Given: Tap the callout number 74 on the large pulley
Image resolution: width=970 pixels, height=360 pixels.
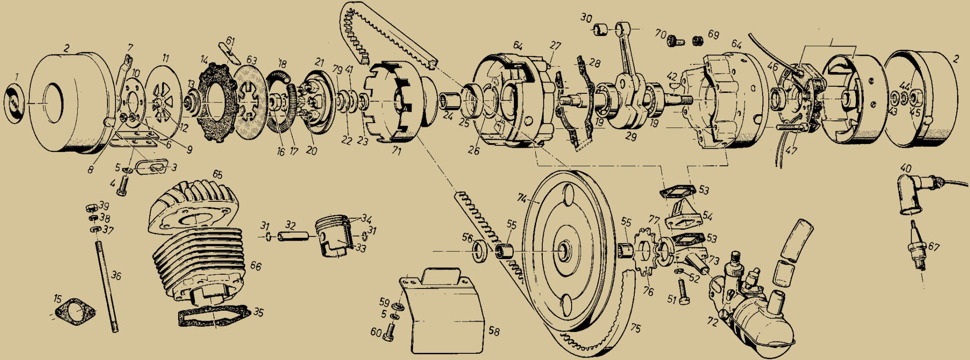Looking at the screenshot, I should pyautogui.click(x=522, y=199).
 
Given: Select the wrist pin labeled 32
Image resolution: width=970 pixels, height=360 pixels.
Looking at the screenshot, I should pyautogui.click(x=293, y=236).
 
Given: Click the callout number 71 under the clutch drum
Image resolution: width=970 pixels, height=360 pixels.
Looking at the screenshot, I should pyautogui.click(x=397, y=152).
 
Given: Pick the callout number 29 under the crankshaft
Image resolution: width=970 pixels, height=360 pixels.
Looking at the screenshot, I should pyautogui.click(x=630, y=137).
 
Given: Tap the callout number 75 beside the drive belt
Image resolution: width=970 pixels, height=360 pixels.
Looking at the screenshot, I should pyautogui.click(x=635, y=328).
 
